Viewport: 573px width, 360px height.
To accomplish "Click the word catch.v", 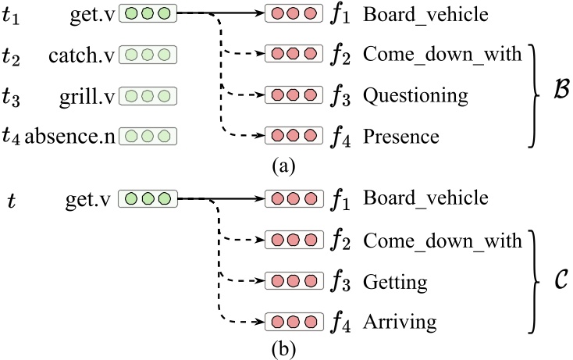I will (x=80, y=55).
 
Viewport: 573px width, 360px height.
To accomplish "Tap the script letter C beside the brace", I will (x=560, y=279).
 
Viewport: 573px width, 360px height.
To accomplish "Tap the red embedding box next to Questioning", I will (x=293, y=96).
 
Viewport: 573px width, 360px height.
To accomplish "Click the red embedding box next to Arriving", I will (x=293, y=320).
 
